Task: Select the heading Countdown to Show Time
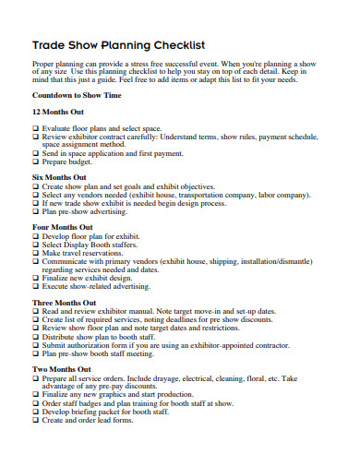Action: click(76, 95)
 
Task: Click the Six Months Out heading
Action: click(59, 177)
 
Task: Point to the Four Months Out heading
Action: click(62, 227)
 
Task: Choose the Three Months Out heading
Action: click(64, 303)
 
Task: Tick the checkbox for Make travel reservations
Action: click(35, 253)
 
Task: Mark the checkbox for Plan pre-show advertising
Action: click(35, 212)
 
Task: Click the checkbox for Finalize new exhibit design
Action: click(35, 278)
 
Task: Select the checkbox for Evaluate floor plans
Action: click(35, 127)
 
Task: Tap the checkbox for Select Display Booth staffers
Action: click(35, 245)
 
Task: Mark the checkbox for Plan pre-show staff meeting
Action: click(35, 353)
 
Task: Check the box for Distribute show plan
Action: click(35, 337)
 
